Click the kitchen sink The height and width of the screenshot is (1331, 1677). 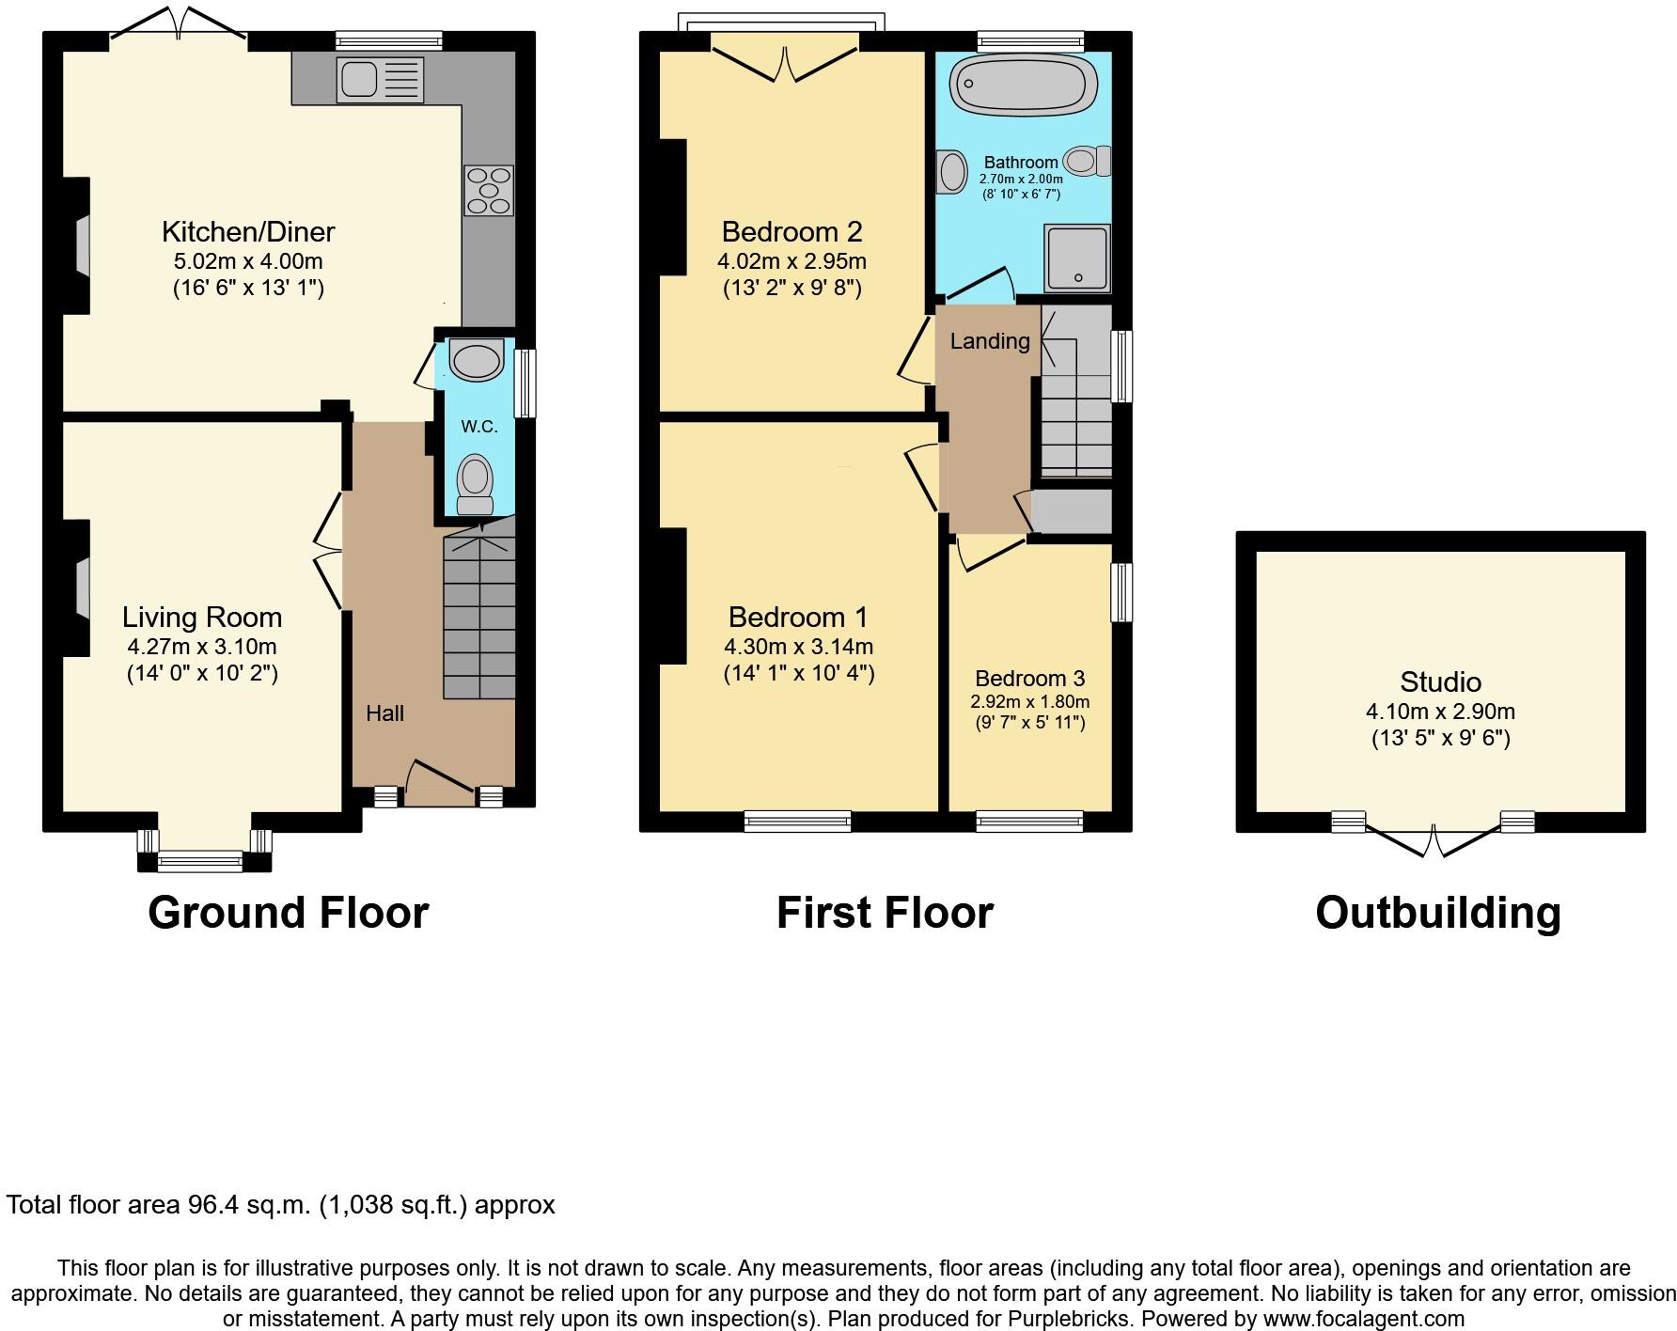click(x=380, y=80)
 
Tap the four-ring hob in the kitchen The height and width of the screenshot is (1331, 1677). click(x=489, y=191)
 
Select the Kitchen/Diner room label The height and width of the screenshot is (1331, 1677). click(x=248, y=231)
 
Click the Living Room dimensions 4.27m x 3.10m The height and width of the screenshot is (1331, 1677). click(x=202, y=647)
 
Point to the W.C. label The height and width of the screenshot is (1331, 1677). click(x=479, y=427)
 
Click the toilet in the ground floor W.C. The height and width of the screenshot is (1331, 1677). click(x=476, y=484)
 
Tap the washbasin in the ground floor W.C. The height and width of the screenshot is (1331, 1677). click(x=478, y=361)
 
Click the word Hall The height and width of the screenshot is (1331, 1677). click(x=384, y=713)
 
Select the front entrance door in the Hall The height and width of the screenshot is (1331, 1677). click(x=441, y=782)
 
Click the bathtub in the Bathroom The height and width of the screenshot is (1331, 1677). click(x=1023, y=86)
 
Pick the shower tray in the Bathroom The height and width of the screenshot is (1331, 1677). click(x=1077, y=257)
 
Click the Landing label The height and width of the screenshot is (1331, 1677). click(x=989, y=341)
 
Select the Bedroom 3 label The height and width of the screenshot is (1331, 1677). click(x=1029, y=679)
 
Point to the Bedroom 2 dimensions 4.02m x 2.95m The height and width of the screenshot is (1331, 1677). click(x=791, y=261)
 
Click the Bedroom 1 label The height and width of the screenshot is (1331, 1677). click(x=798, y=617)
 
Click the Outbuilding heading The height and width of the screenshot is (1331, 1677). click(x=1437, y=913)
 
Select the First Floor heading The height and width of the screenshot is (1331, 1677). click(x=885, y=913)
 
